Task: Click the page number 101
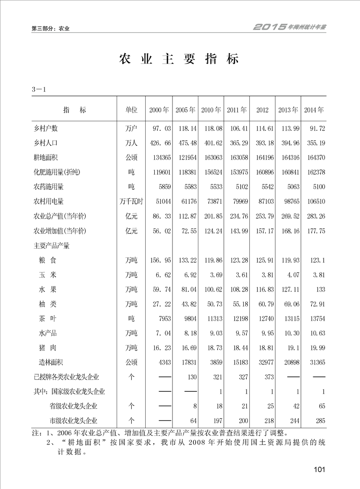click(x=320, y=469)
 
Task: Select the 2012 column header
click(x=262, y=110)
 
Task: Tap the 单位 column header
click(x=131, y=110)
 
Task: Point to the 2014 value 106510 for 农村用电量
click(x=315, y=202)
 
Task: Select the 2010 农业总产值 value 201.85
click(x=211, y=216)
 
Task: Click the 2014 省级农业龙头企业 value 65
click(x=321, y=406)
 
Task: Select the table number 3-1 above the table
click(x=40, y=89)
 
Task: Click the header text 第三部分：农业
click(x=50, y=29)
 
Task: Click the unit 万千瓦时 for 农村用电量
click(x=131, y=202)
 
